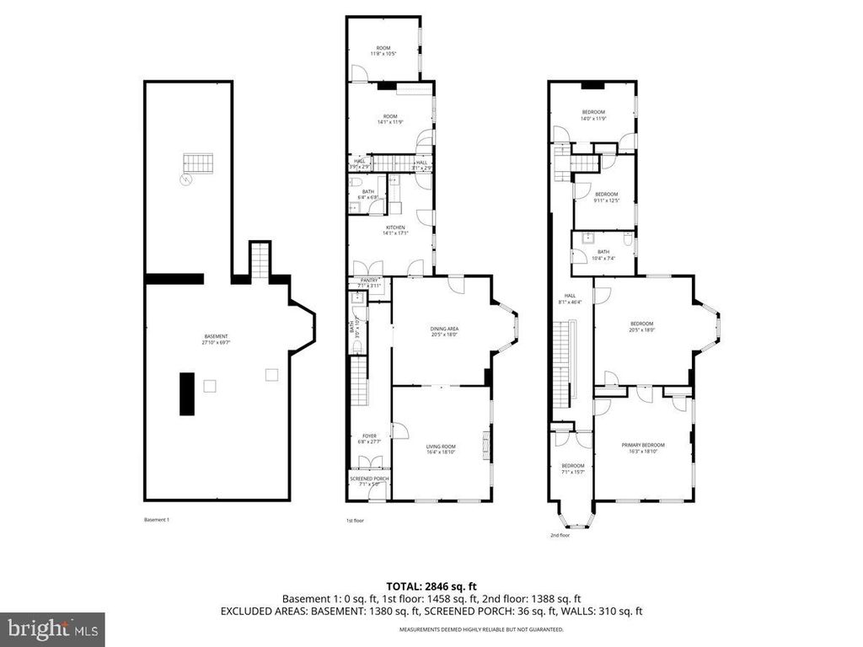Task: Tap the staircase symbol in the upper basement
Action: [200, 163]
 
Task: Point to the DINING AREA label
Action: [444, 332]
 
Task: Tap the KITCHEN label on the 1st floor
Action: [396, 230]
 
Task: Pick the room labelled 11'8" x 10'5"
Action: [383, 51]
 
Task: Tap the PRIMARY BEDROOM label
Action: [643, 448]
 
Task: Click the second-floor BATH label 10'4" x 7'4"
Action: [603, 254]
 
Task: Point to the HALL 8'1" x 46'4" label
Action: [571, 299]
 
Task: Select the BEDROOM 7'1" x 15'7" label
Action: [573, 468]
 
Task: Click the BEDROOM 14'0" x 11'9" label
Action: [593, 115]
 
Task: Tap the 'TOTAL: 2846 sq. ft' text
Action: [431, 586]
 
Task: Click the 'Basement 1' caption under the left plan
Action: [157, 520]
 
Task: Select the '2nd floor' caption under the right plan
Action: [560, 535]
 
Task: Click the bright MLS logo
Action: [52, 628]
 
